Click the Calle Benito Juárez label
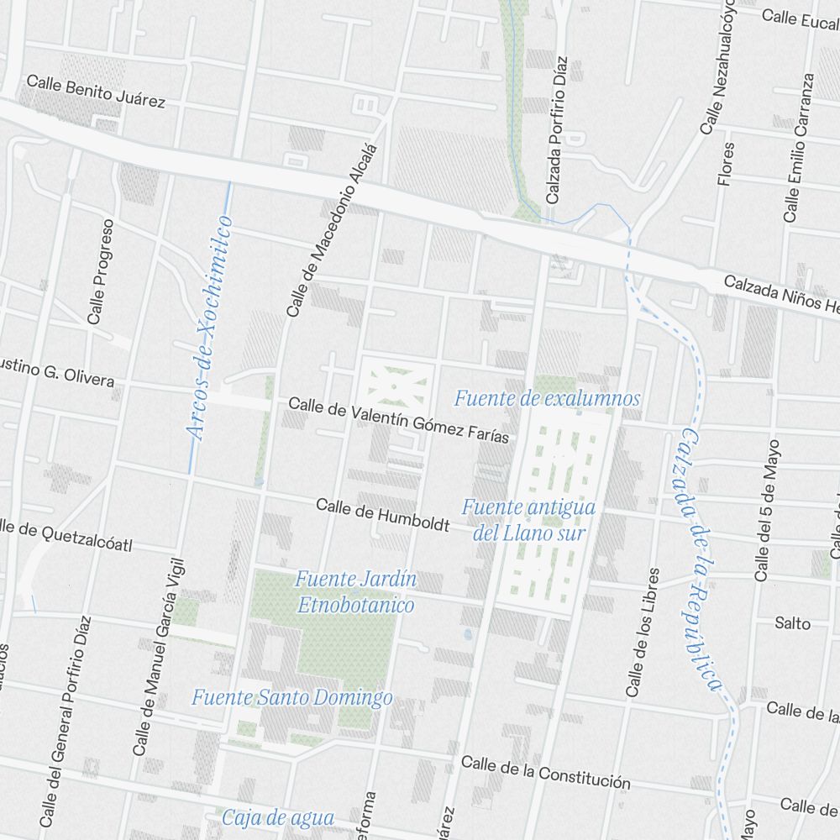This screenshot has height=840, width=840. point(96,92)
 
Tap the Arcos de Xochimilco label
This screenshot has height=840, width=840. point(209,328)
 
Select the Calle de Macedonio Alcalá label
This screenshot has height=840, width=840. point(333,230)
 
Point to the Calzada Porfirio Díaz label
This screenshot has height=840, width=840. point(556,130)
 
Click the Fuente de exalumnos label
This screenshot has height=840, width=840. point(547,398)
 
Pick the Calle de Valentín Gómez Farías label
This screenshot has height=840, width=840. point(398,420)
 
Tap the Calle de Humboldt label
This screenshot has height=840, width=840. point(382,514)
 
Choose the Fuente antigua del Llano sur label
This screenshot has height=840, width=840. point(528,520)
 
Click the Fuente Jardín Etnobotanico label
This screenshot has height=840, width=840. point(355,591)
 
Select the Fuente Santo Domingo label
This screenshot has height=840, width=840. point(291,697)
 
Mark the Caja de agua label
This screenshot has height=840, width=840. point(278,817)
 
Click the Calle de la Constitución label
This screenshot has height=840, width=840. point(545,773)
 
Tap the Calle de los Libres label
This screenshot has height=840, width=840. point(643,633)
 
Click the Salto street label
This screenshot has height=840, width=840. point(792,623)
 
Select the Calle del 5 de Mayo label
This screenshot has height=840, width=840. point(767,509)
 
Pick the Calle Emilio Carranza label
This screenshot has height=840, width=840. point(799,148)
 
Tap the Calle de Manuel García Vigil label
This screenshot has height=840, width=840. point(158,655)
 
